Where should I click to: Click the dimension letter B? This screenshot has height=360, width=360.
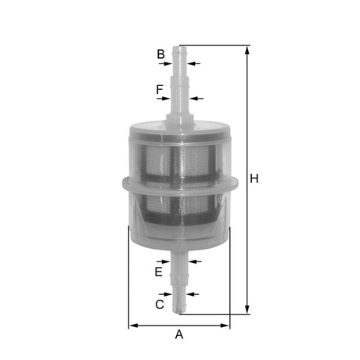[x=160, y=54]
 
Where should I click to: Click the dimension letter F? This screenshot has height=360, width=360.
[x=160, y=90]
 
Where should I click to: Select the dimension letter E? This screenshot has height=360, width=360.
[x=159, y=272]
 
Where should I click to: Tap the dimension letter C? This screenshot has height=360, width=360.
[x=160, y=304]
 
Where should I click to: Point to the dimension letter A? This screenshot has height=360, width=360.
[x=179, y=335]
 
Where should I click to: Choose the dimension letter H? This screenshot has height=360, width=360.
[x=254, y=178]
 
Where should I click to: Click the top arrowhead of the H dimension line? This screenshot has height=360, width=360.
[x=248, y=49]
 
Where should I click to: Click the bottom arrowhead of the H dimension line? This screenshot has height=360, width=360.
[x=248, y=309]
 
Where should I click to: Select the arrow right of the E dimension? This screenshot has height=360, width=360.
[x=194, y=261]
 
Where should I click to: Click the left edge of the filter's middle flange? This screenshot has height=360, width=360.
[x=122, y=185]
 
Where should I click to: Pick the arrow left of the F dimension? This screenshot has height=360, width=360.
[x=164, y=99]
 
